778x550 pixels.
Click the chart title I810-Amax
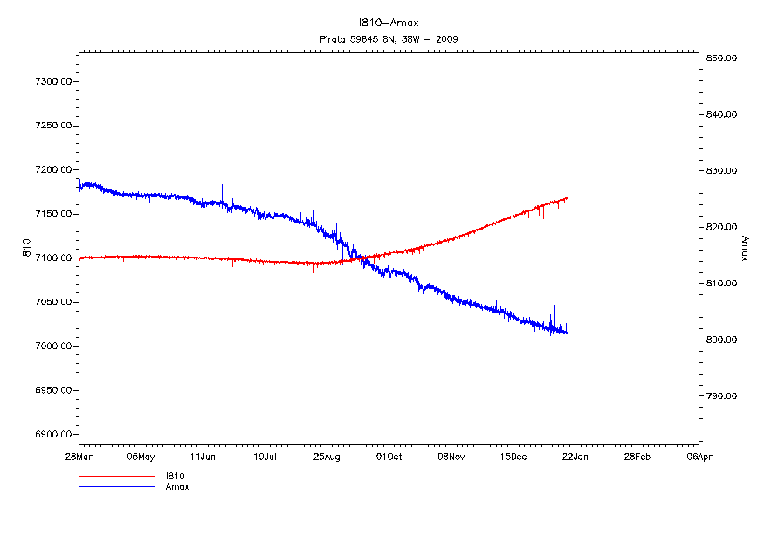coord(389,23)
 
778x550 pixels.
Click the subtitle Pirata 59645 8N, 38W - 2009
coord(389,39)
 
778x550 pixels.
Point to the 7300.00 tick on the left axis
coord(52,82)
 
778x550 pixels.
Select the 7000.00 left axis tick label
coord(52,347)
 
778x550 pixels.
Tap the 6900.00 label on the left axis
coord(52,435)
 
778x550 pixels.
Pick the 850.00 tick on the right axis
coord(723,58)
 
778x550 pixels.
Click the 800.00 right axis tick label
coord(723,340)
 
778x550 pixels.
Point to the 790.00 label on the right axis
coord(723,396)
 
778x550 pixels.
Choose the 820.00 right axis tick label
coord(723,227)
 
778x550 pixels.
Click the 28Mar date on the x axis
coord(79,456)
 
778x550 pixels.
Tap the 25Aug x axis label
coord(327,456)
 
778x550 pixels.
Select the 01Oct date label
coord(389,456)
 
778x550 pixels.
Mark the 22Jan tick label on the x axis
coord(574,456)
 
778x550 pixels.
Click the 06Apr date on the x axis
coord(698,456)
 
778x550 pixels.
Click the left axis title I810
coord(27,249)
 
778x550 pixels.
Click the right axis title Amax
coord(745,249)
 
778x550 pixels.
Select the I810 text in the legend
coord(176,477)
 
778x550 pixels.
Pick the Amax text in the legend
coord(177,487)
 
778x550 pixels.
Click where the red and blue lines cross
coord(359,258)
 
